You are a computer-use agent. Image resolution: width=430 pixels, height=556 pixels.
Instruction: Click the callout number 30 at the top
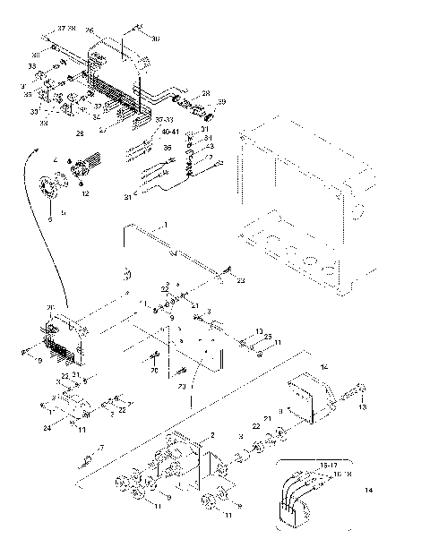click(x=155, y=38)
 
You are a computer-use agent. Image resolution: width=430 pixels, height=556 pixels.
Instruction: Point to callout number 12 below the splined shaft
click(x=86, y=193)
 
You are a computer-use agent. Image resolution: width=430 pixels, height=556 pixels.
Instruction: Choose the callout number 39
click(x=222, y=101)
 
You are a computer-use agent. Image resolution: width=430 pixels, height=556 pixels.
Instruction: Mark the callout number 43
click(x=211, y=146)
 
